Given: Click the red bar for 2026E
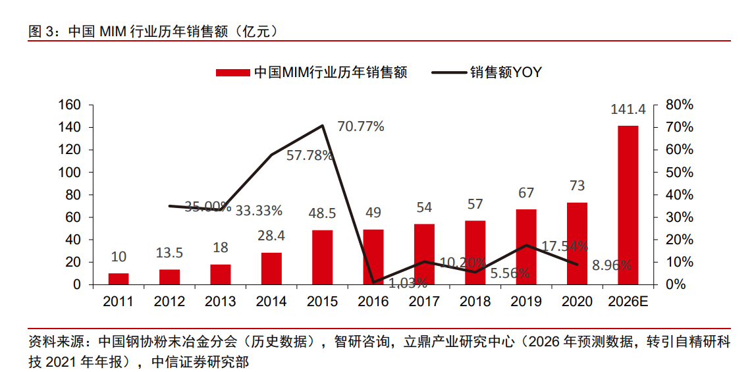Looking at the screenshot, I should point(628,205).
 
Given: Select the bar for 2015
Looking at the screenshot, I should point(322,257).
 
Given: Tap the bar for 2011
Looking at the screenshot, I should point(119,279).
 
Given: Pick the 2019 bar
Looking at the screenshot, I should point(526,247).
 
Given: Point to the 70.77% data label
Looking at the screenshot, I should point(361,126).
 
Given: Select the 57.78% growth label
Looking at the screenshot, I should point(310,157).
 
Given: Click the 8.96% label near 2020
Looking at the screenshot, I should point(612,265).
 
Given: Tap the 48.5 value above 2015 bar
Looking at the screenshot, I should point(322,214).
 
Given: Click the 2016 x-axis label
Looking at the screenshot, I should point(373,302).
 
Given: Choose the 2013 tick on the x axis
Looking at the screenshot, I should point(220,302).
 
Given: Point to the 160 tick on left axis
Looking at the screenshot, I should point(70,105).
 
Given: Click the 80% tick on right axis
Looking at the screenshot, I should point(680,105).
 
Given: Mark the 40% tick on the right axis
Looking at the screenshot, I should point(680,195).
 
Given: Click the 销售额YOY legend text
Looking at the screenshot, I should point(505,72).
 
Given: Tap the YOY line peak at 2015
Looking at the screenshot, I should point(323,125).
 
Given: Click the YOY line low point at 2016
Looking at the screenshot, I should point(373,282).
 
